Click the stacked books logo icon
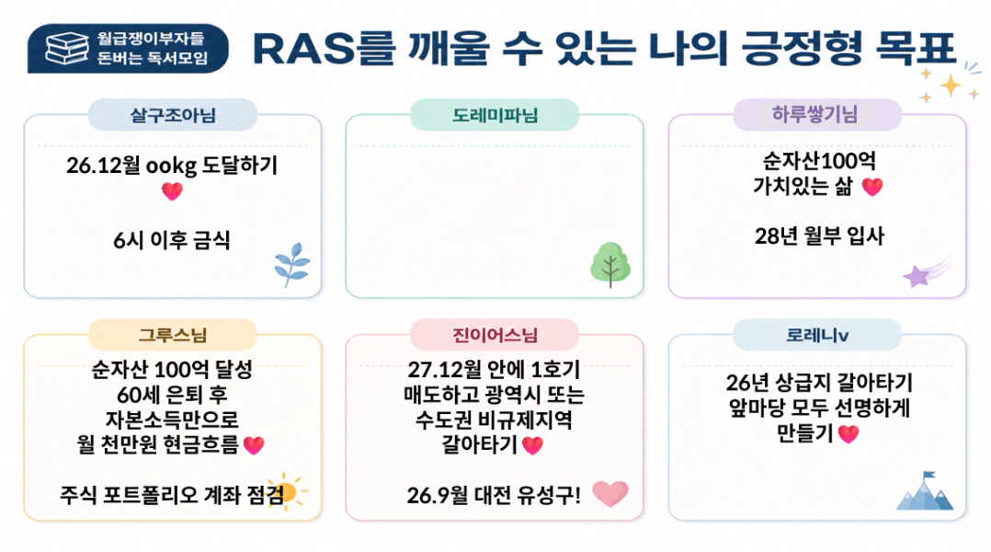(x=67, y=49)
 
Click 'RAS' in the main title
(x=304, y=49)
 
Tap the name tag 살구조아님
(x=173, y=115)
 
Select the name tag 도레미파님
(x=495, y=115)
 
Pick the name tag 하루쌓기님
(x=816, y=115)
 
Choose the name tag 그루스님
(x=173, y=335)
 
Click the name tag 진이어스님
(x=495, y=335)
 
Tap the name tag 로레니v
(x=816, y=335)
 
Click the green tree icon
(x=609, y=264)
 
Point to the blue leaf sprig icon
(x=292, y=264)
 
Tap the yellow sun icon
(x=288, y=491)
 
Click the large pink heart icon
(x=609, y=493)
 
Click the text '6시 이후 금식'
(x=171, y=240)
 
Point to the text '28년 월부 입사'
(x=819, y=236)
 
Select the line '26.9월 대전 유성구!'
(x=494, y=495)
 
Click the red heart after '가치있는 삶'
(x=872, y=187)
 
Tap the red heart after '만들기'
(x=849, y=433)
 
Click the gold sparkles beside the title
(x=950, y=83)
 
